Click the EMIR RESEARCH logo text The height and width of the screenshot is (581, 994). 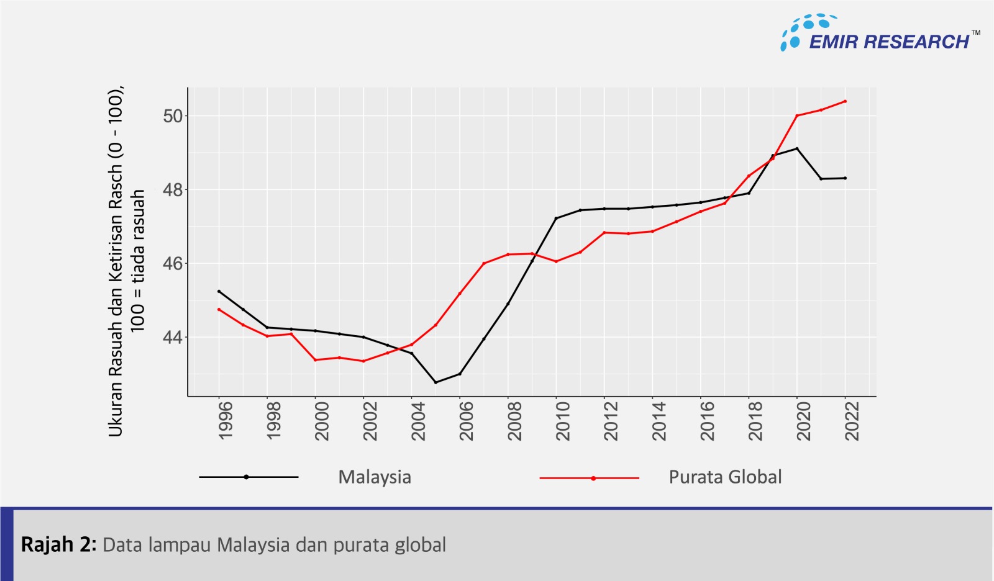(x=888, y=42)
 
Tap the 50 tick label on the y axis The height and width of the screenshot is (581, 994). (x=173, y=116)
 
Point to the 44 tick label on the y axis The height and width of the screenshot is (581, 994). (x=173, y=338)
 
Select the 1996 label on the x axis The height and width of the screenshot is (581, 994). (x=226, y=421)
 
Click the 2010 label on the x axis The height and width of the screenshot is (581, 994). (x=563, y=421)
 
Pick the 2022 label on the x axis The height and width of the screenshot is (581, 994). (x=852, y=421)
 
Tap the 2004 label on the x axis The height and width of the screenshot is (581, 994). (x=418, y=421)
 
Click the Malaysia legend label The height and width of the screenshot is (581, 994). (x=375, y=477)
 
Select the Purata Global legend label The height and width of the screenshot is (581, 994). (x=725, y=477)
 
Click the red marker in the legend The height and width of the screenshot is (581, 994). (x=593, y=478)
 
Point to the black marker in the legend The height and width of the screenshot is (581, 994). (x=247, y=477)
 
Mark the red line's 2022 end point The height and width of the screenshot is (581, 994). (x=845, y=101)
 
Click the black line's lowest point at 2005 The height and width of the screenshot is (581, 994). (x=435, y=382)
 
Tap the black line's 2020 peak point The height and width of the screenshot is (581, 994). (x=797, y=148)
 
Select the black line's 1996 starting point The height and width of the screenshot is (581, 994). (x=219, y=291)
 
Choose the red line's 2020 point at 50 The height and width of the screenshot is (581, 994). (x=797, y=115)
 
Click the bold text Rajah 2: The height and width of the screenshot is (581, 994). (x=58, y=544)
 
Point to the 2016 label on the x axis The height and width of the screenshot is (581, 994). (x=707, y=421)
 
